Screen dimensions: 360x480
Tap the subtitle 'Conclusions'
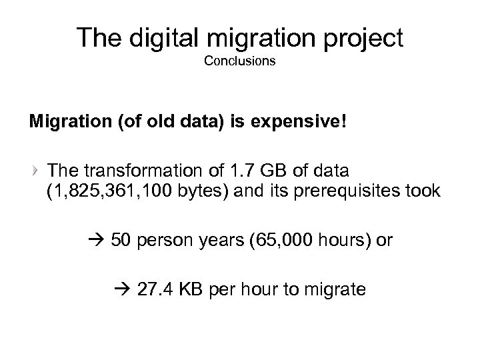239,62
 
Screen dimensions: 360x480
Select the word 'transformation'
143,167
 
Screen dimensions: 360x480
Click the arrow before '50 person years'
99,239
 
